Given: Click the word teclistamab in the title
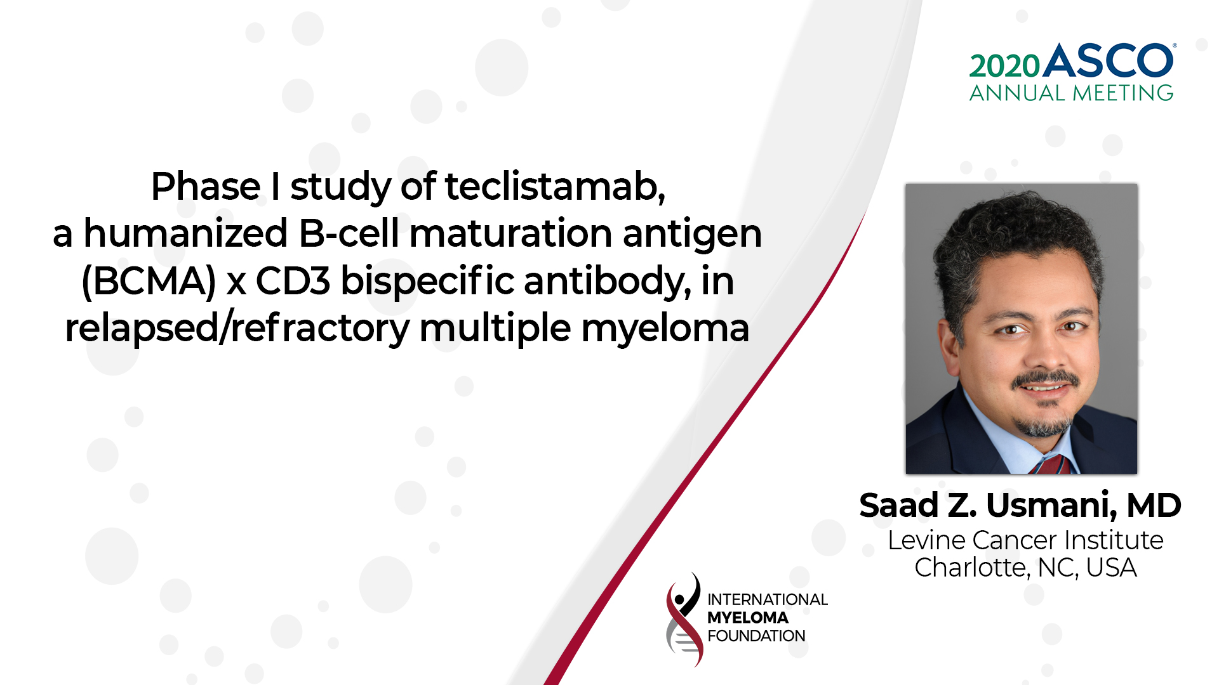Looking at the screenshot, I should pyautogui.click(x=554, y=187).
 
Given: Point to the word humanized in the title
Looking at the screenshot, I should pyautogui.click(x=185, y=234).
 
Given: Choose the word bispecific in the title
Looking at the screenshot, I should pyautogui.click(x=427, y=282).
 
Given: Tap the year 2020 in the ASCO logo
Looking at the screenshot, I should pyautogui.click(x=1004, y=67).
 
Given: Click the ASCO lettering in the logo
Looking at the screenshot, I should pyautogui.click(x=1109, y=62).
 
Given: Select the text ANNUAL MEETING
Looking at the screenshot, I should pyautogui.click(x=1071, y=93).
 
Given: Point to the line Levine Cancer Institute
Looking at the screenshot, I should pyautogui.click(x=1025, y=540).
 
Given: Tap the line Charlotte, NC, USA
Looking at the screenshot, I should pyautogui.click(x=1025, y=568).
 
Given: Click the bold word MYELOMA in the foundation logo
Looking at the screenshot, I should pyautogui.click(x=747, y=618).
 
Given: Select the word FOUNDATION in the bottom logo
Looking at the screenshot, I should pyautogui.click(x=756, y=636).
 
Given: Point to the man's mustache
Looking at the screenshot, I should pyautogui.click(x=1044, y=379).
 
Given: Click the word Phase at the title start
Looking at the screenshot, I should pyautogui.click(x=205, y=187).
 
